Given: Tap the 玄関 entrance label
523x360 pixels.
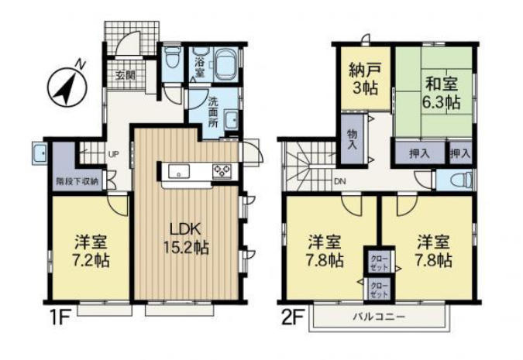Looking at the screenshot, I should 126,76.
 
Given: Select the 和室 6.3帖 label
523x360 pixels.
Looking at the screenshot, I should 439,91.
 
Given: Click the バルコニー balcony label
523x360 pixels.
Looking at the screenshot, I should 378,317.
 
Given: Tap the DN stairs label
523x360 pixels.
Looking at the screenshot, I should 339,182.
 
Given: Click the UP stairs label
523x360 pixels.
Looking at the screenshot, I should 113,153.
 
